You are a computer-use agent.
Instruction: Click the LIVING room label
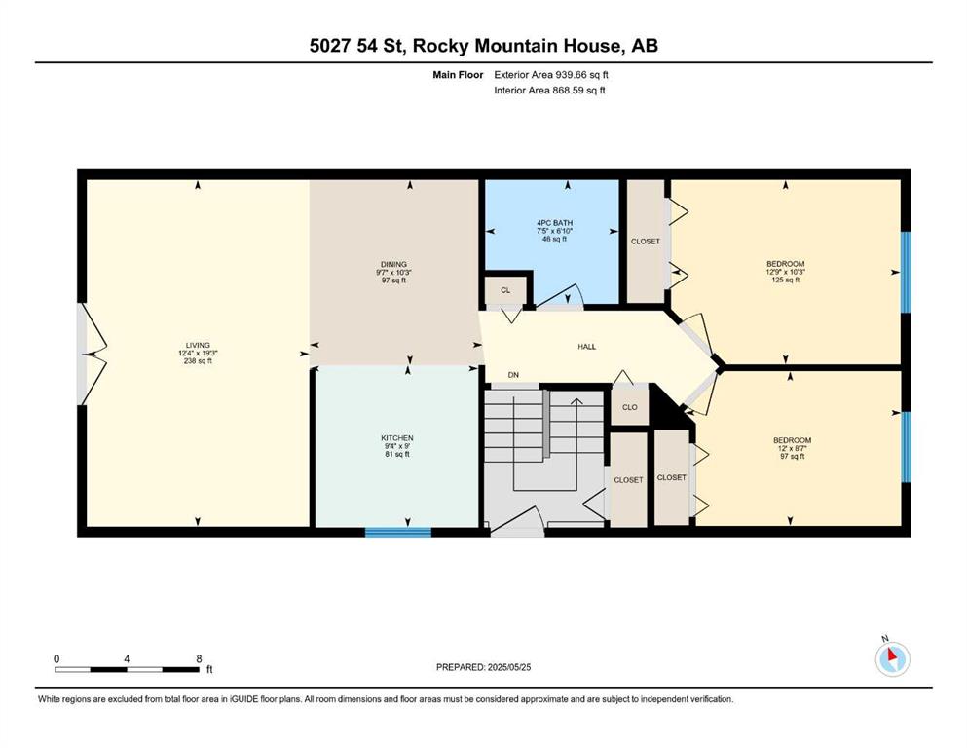coord(198,346)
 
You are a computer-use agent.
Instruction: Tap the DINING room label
coord(393,265)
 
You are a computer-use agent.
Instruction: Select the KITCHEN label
coord(397,438)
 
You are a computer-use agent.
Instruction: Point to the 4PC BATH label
coord(554,223)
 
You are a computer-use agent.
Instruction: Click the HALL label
coord(587,347)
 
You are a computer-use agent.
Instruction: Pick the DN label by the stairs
coord(514,375)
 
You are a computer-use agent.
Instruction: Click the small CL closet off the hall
coord(505,290)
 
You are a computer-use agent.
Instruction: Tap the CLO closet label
coord(630,408)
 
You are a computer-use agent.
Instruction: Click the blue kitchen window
coord(398,532)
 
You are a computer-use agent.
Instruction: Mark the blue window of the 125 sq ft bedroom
coord(906,272)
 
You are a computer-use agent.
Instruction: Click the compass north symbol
coord(892,658)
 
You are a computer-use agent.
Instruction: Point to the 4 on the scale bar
coord(127,658)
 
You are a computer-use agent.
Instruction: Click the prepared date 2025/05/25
coord(508,667)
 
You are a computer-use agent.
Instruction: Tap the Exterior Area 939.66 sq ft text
coord(551,75)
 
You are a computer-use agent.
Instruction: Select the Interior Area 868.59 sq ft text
coord(549,90)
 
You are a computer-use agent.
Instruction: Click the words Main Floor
coord(459,75)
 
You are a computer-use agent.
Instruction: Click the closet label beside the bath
coord(645,242)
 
